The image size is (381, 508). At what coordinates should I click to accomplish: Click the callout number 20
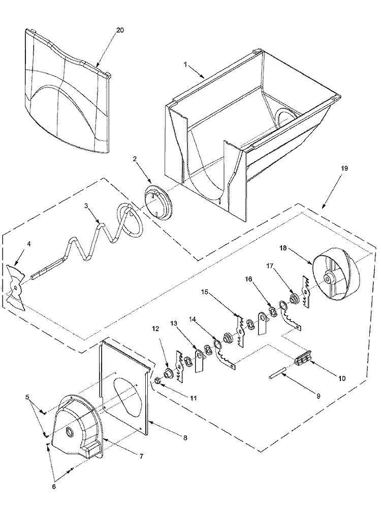pyautogui.click(x=119, y=30)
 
